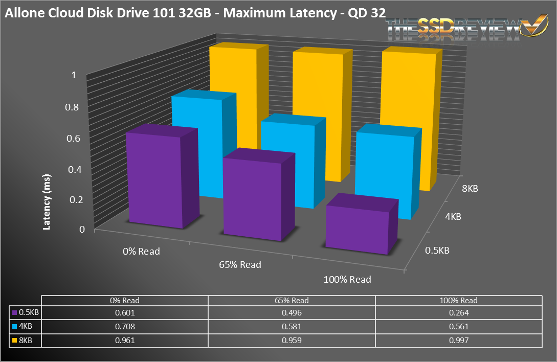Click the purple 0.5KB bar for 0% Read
coord(153,179)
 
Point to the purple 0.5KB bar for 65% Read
coord(252,199)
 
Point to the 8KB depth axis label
coord(469,189)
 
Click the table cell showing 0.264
coord(459,312)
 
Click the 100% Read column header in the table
coord(459,301)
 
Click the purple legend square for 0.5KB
coord(14,312)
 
